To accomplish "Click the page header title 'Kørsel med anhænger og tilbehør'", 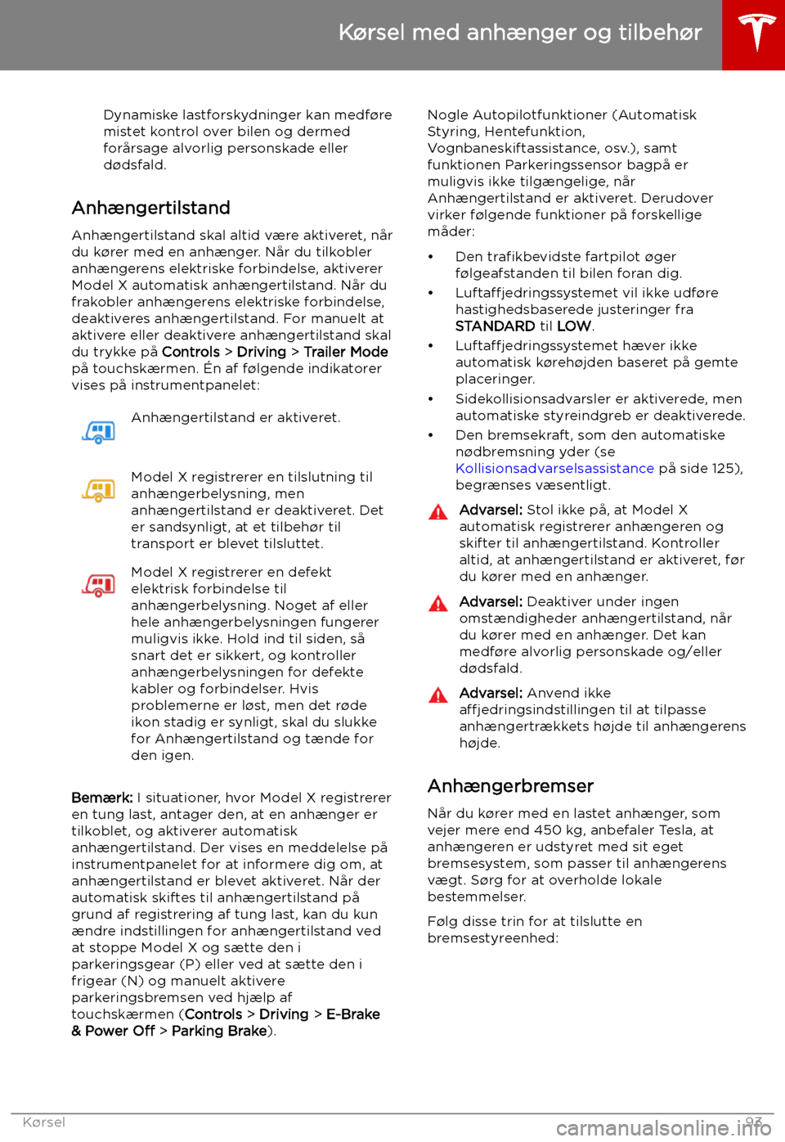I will tap(520, 33).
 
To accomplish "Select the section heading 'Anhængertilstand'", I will tap(150, 208).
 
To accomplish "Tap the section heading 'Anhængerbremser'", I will tap(510, 786).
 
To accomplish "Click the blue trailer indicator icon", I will tap(99, 432).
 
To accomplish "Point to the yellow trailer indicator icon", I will tap(99, 490).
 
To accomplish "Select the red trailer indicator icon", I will tap(99, 585).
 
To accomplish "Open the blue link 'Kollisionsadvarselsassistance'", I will tap(554, 469).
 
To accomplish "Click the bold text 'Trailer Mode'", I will tap(346, 353).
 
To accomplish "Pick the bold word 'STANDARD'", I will tap(496, 326).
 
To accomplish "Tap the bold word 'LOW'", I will tap(574, 326).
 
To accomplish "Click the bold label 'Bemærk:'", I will tap(102, 798).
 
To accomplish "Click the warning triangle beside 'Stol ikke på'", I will tap(438, 513).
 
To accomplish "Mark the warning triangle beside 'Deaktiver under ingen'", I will tap(438, 605).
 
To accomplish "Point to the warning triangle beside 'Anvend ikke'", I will tap(438, 696).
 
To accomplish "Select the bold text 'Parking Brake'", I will tap(219, 1032).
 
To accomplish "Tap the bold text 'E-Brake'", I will tap(353, 1014).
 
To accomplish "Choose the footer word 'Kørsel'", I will tap(44, 1122).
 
